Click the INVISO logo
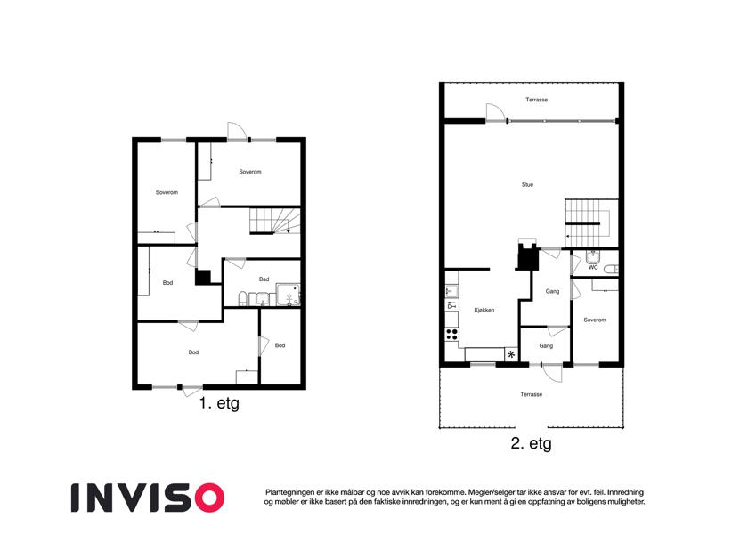[x=148, y=498]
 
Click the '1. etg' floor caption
[x=219, y=403]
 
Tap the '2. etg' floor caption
[x=531, y=443]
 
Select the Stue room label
[x=527, y=184]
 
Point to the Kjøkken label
[x=484, y=310]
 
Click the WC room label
[x=593, y=268]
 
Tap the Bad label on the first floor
[x=264, y=279]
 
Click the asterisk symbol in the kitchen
[x=511, y=355]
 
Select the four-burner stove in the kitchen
[x=451, y=334]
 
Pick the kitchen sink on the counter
[x=451, y=292]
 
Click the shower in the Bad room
[x=288, y=295]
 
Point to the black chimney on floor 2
[x=527, y=255]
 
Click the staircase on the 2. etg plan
[x=591, y=223]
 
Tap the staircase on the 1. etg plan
[x=275, y=221]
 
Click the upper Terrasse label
[x=536, y=100]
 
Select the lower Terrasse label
[x=532, y=394]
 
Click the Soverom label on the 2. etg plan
[x=595, y=320]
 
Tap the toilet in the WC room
[x=612, y=269]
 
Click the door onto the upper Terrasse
[x=495, y=112]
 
